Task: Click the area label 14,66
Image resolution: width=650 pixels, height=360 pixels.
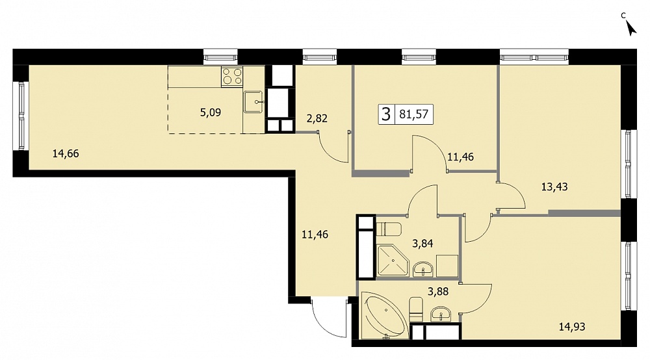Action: pyautogui.click(x=66, y=154)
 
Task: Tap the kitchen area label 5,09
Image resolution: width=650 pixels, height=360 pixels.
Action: pyautogui.click(x=211, y=112)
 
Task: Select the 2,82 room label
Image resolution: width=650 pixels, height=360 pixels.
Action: pyautogui.click(x=317, y=118)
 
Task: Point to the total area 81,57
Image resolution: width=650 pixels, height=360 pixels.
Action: pyautogui.click(x=413, y=114)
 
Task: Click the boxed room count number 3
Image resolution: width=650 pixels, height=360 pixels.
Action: pyautogui.click(x=386, y=114)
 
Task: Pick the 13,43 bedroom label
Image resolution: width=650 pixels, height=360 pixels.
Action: pyautogui.click(x=554, y=187)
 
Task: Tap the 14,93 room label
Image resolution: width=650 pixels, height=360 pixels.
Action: pyautogui.click(x=572, y=327)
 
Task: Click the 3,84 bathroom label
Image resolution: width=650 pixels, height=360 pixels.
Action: pyautogui.click(x=422, y=244)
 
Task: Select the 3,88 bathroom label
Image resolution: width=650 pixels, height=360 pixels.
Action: pyautogui.click(x=438, y=292)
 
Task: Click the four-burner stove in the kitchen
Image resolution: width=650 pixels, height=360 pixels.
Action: pyautogui.click(x=232, y=77)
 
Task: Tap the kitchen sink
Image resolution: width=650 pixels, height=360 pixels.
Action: pyautogui.click(x=253, y=102)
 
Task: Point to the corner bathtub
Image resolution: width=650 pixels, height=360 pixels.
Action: pyautogui.click(x=384, y=315)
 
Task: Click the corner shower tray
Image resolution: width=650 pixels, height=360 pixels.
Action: pyautogui.click(x=392, y=260)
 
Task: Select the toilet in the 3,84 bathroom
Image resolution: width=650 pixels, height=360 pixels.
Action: pyautogui.click(x=389, y=229)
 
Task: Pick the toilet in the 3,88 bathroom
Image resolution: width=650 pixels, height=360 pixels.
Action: pyautogui.click(x=416, y=309)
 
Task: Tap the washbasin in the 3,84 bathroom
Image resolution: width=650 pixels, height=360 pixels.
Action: pyautogui.click(x=423, y=270)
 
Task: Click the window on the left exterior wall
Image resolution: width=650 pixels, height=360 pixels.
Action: pyautogui.click(x=21, y=116)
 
